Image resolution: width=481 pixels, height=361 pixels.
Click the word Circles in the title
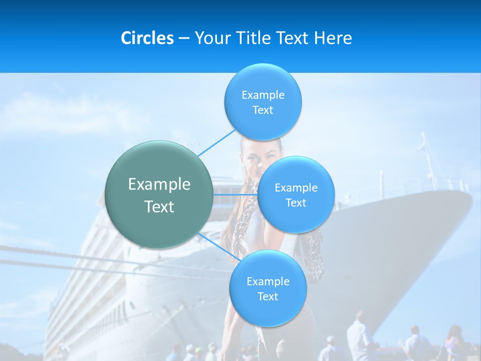coord(147,38)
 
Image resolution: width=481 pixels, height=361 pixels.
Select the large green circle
coord(159,195)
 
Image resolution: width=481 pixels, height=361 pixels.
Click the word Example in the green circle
coord(159,185)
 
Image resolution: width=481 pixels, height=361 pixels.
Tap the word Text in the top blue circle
coord(263,110)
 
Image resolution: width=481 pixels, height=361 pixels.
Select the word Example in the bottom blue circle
coord(268,282)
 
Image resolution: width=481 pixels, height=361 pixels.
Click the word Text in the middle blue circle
coord(296,203)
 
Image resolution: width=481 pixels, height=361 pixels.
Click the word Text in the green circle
coord(159,207)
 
